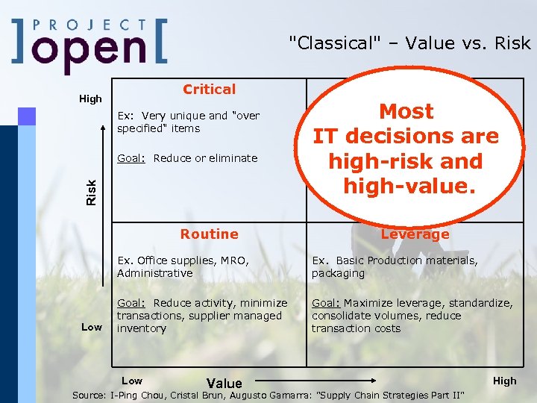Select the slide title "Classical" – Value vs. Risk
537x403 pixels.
[x=409, y=43]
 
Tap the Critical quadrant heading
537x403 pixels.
[x=209, y=90]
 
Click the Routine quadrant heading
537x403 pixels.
[x=209, y=234]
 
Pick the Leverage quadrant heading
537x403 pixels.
[x=415, y=234]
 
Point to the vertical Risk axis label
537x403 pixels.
[x=91, y=192]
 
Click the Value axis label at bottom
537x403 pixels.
[x=224, y=384]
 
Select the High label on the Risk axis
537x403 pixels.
[x=90, y=99]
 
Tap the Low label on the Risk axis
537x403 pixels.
[x=91, y=327]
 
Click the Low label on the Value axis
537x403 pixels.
[x=131, y=381]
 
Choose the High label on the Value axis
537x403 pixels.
[x=504, y=381]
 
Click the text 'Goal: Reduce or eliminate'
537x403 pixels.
[x=187, y=158]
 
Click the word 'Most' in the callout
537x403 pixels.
[x=406, y=112]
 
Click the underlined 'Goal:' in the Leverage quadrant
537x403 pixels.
[x=326, y=303]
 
